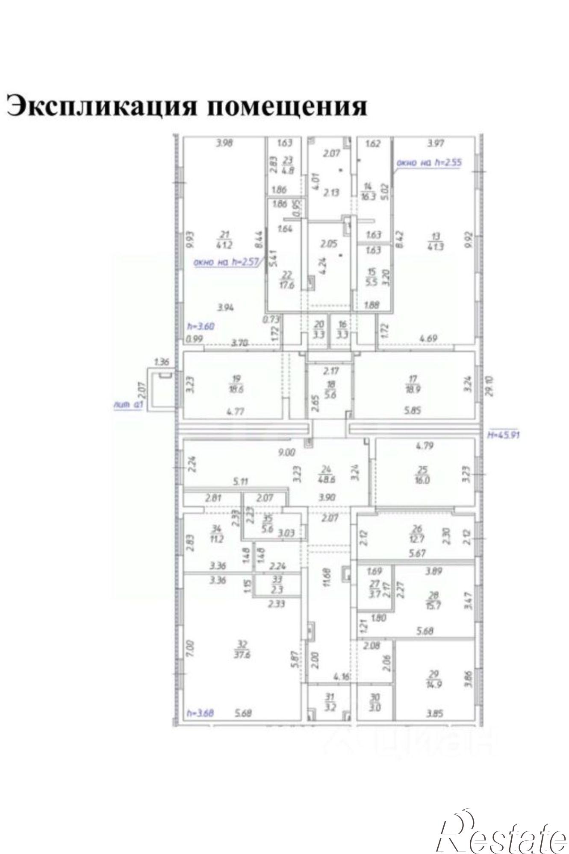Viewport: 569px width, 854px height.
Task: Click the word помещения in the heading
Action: [287, 105]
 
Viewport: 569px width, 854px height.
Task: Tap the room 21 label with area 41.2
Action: [225, 240]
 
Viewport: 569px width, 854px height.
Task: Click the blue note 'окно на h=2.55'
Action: [429, 163]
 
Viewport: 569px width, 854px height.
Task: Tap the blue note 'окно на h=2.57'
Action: [227, 262]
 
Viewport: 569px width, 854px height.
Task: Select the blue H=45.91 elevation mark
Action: [504, 436]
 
